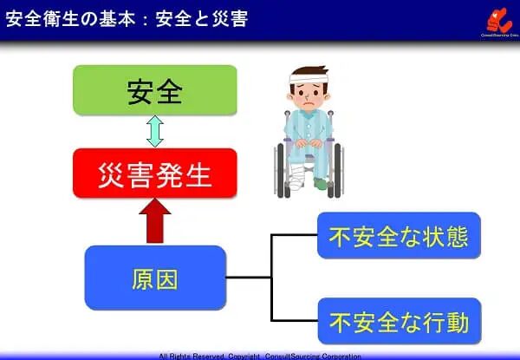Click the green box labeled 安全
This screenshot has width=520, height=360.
coord(154,90)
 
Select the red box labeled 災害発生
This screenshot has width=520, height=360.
coord(154,173)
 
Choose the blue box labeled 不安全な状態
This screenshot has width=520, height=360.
coord(398,235)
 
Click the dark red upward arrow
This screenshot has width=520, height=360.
coord(154,221)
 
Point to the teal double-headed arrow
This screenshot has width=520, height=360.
coord(154,131)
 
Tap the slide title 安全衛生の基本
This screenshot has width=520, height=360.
coord(70,18)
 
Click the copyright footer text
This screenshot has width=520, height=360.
coord(260,356)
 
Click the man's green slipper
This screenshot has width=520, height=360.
coord(322,184)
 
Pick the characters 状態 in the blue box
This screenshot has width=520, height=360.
coord(442,235)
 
